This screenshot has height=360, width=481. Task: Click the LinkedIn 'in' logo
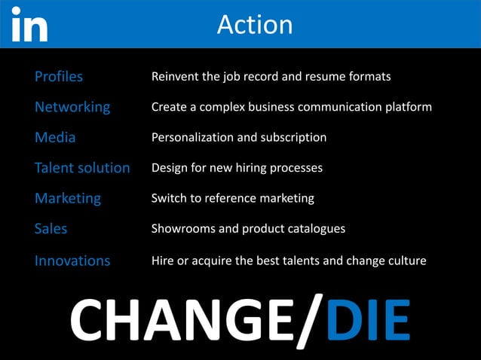[x=29, y=24]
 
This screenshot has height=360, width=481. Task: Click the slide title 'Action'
[x=254, y=25]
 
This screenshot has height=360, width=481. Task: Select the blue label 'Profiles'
[x=59, y=77]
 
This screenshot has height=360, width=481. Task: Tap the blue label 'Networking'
[x=72, y=107]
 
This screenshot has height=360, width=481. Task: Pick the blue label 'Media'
[x=55, y=138]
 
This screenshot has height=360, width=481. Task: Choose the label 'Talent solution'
[x=82, y=168]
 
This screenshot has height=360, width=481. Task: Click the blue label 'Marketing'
[x=68, y=198]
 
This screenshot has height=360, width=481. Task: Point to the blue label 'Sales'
[x=51, y=229]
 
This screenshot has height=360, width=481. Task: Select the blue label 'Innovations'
[x=72, y=261]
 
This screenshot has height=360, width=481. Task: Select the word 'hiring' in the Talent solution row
[x=263, y=168]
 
